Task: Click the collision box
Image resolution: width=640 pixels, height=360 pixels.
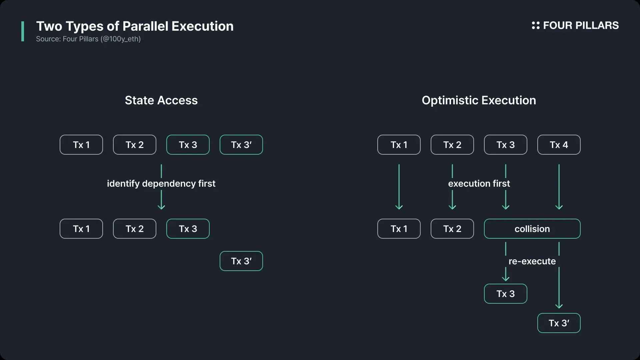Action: [x=532, y=229]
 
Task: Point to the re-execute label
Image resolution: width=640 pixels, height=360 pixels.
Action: [x=532, y=261]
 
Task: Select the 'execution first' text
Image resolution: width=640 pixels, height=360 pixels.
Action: [x=479, y=183]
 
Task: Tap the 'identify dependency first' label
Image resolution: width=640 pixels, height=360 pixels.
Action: [x=161, y=184]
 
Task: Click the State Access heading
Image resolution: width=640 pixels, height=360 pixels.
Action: [x=161, y=100]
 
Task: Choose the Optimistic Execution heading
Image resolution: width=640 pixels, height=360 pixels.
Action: [x=479, y=101]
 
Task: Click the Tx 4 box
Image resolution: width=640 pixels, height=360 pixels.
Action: [x=559, y=145]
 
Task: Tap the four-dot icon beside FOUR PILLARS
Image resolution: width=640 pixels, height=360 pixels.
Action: [x=536, y=25]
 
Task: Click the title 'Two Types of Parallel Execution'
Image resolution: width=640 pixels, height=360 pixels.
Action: [x=135, y=26]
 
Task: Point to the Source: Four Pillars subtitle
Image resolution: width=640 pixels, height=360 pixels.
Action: [x=88, y=39]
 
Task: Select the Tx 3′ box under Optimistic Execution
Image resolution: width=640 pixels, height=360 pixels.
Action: [x=559, y=323]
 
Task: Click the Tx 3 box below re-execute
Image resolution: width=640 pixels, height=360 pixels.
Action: [x=506, y=294]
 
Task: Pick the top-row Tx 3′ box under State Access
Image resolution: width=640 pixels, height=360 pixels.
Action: [x=241, y=145]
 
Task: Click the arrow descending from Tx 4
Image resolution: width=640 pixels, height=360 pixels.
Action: [x=559, y=187]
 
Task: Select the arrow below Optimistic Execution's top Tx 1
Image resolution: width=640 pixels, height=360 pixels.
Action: [x=399, y=187]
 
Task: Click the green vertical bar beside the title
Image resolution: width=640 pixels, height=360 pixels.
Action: [x=23, y=31]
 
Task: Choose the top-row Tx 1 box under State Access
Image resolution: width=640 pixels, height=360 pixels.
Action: [x=81, y=145]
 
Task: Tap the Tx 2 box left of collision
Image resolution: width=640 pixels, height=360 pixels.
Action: [x=452, y=229]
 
